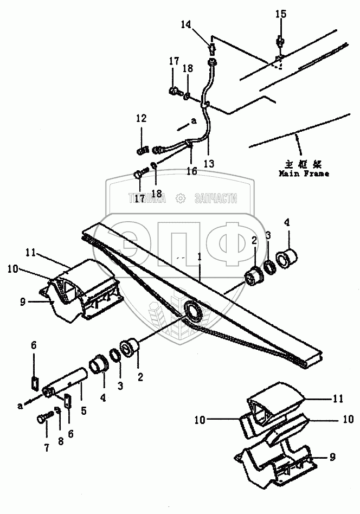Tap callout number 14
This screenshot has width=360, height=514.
(186, 24)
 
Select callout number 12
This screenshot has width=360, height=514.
(141, 118)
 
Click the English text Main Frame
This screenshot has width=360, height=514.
(304, 174)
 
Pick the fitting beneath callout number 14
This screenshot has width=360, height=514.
(212, 47)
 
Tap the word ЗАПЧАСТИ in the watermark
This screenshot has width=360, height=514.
(215, 198)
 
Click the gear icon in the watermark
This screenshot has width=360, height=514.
(180, 198)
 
